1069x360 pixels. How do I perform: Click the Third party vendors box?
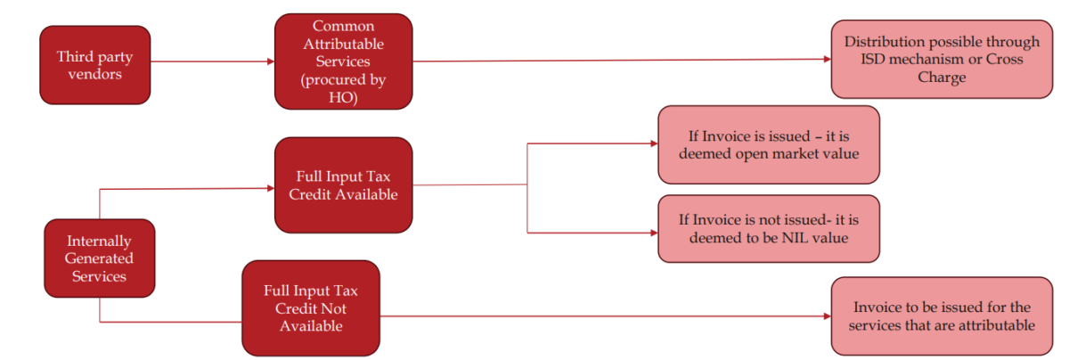[94, 64]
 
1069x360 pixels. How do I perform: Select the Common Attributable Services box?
[343, 61]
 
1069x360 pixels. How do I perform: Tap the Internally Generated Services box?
[99, 258]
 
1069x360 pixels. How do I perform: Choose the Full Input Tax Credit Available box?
[343, 185]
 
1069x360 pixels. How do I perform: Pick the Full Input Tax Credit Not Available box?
[310, 307]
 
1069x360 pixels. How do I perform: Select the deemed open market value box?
[768, 144]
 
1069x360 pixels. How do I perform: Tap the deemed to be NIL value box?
[768, 228]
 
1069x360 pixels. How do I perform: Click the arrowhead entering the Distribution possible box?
[826, 61]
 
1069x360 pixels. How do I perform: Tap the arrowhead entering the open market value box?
[652, 144]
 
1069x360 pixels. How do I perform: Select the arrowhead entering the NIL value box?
[652, 233]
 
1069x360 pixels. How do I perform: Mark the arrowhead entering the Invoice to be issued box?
[826, 315]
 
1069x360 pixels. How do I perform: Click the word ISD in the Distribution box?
[869, 60]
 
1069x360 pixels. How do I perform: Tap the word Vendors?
[94, 74]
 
